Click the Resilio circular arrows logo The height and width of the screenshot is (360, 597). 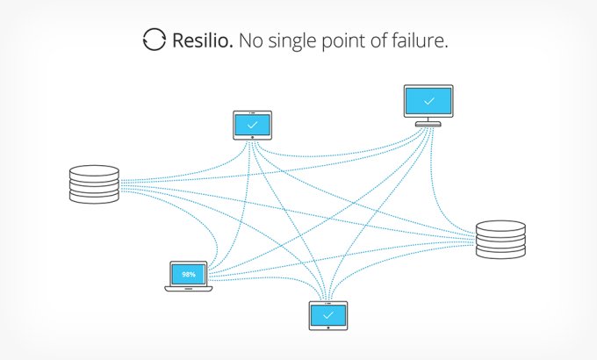(x=154, y=40)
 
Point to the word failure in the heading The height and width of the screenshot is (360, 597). (x=419, y=40)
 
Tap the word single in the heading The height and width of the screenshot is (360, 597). (x=294, y=41)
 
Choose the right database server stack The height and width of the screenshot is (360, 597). (x=501, y=240)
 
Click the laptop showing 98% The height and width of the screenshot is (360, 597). (x=189, y=276)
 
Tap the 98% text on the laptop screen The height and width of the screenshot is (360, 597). (x=189, y=274)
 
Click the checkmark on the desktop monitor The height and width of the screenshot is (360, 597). (x=428, y=100)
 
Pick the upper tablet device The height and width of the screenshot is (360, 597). (x=252, y=125)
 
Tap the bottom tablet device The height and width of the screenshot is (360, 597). (x=328, y=314)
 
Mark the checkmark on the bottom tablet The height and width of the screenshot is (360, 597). (x=328, y=313)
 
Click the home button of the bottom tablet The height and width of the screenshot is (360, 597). (x=328, y=327)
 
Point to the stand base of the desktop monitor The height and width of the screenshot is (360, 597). (x=428, y=122)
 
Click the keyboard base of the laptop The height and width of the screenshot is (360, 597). (x=189, y=288)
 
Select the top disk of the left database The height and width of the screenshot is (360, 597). (x=94, y=171)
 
